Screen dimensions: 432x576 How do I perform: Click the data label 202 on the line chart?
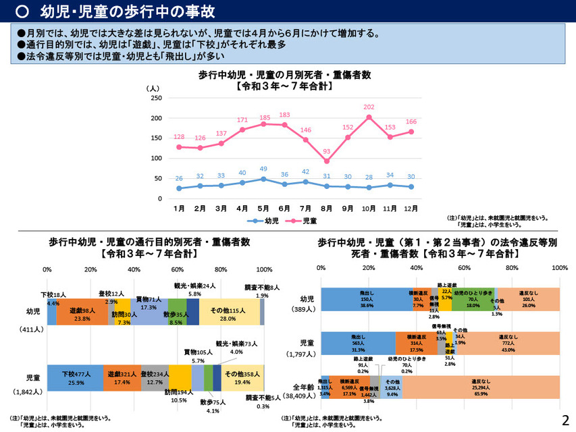[369, 107]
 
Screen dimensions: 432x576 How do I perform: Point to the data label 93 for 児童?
[328, 151]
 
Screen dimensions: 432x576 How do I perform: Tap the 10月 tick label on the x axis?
[369, 209]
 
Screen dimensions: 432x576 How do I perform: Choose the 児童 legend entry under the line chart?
[306, 221]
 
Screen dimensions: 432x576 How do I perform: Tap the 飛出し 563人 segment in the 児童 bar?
[358, 344]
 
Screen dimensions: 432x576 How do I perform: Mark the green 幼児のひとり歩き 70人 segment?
[473, 300]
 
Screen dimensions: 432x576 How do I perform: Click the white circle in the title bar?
[22, 11]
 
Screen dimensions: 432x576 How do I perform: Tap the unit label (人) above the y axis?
[153, 88]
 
